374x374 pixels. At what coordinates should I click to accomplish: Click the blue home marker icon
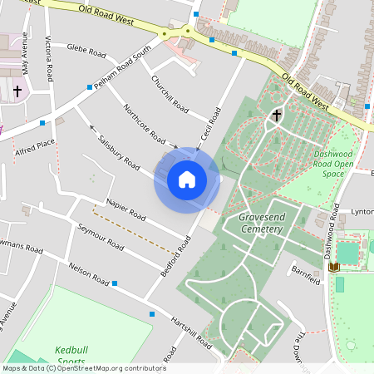(187, 180)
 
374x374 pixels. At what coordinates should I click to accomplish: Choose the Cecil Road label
(210, 124)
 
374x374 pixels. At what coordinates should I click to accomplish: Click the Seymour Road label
(101, 237)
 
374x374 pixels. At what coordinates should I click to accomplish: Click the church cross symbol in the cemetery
(276, 117)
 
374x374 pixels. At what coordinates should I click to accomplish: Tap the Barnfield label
(306, 274)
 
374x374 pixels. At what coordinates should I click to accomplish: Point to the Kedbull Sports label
(71, 356)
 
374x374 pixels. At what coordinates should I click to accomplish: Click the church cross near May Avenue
(17, 90)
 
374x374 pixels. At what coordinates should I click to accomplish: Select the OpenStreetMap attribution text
(84, 368)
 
